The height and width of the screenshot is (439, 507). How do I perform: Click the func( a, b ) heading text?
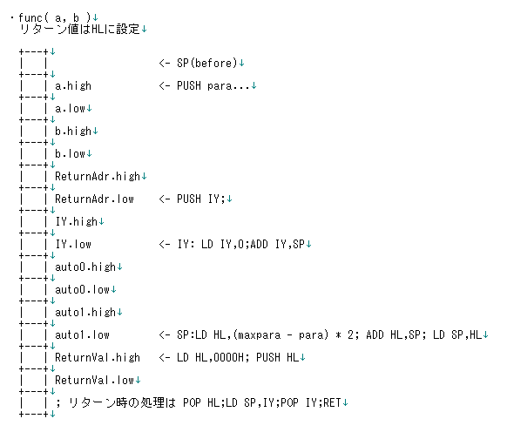55,17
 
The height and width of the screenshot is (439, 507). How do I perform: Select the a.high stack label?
73,86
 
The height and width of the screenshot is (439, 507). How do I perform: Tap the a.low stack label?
70,108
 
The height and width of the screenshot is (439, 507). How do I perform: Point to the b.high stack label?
73,132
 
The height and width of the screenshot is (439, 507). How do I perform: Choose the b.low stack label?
70,153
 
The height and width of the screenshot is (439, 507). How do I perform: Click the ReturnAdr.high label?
98,177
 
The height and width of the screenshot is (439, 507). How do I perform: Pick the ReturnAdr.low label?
94,199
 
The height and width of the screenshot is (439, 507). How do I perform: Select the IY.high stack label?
77,222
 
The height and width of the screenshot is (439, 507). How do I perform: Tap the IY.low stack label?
73,244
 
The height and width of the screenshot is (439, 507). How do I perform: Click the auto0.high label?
85,267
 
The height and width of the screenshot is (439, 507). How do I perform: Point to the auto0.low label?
82,289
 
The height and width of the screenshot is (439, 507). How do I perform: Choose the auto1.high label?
85,313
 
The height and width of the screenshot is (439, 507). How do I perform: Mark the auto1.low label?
82,334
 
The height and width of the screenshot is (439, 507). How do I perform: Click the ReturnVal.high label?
98,357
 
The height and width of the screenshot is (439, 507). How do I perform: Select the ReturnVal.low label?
94,380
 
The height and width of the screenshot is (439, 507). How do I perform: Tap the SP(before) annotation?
207,63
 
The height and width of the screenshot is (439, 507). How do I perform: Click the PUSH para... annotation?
213,85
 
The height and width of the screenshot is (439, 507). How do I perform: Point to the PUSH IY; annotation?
200,199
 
